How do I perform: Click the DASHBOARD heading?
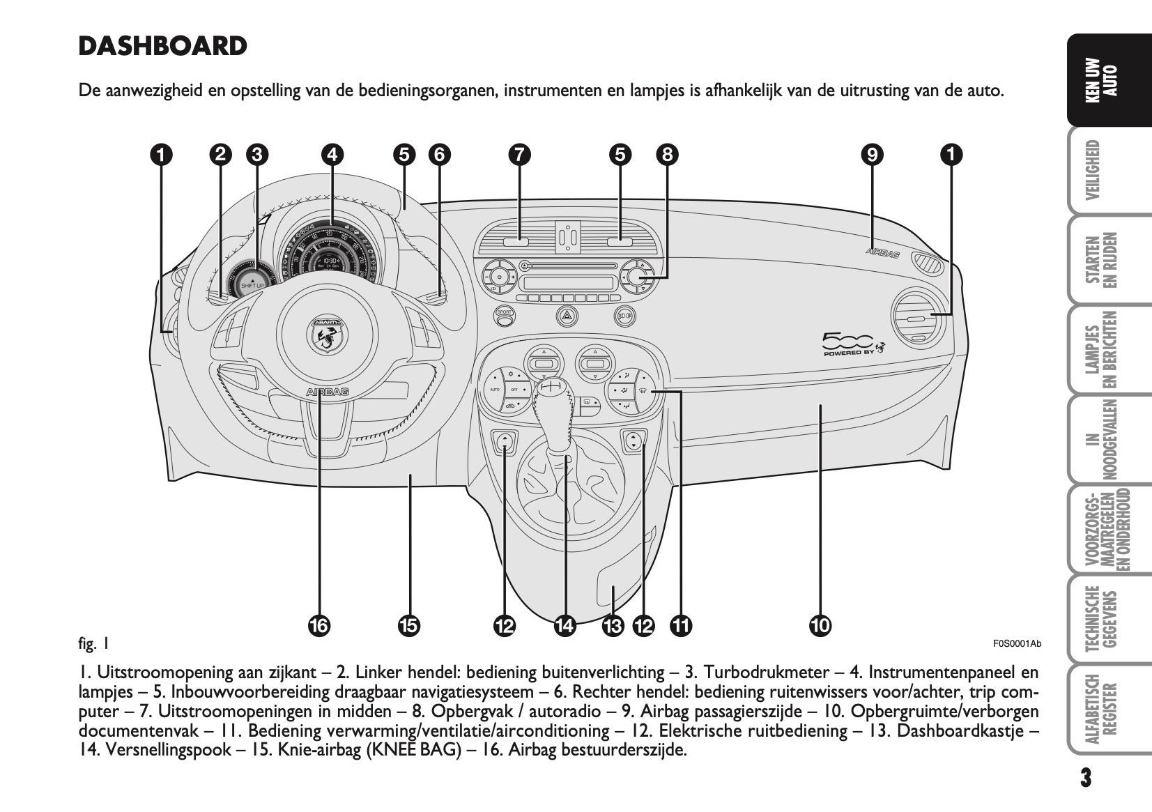pyautogui.click(x=162, y=47)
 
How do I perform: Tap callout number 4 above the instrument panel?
pyautogui.click(x=332, y=154)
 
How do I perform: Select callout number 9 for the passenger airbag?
pyautogui.click(x=871, y=154)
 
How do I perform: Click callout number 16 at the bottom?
pyautogui.click(x=318, y=626)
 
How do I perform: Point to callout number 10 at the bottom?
pyautogui.click(x=820, y=626)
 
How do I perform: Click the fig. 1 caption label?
pyautogui.click(x=93, y=643)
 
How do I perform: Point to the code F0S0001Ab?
pyautogui.click(x=1016, y=643)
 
